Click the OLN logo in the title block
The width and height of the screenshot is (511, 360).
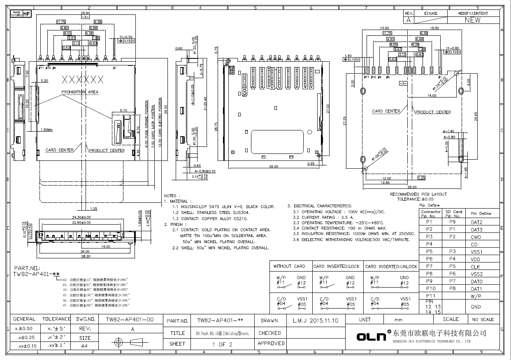371,337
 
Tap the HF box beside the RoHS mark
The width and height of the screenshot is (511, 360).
26,14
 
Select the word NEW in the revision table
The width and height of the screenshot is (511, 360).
472,20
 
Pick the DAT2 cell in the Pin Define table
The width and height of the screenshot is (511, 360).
476,222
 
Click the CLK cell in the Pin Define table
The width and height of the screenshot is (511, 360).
476,267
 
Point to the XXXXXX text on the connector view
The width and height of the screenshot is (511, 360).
82,79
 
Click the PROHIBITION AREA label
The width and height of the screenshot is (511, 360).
80,92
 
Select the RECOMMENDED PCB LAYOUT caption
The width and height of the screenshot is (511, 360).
418,194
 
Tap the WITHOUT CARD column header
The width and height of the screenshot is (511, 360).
289,266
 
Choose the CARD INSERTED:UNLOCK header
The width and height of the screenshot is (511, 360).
391,266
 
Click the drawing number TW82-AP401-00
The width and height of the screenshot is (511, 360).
130,319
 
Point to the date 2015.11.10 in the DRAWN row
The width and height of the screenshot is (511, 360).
324,320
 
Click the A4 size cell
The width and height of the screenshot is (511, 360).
84,346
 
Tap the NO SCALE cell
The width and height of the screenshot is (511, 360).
483,320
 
